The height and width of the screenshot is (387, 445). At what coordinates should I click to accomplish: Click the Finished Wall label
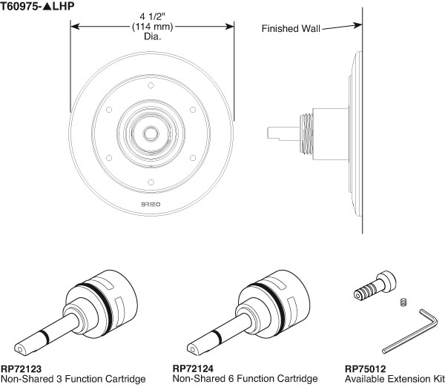click(291, 30)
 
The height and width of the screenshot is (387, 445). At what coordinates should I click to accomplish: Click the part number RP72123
click(21, 368)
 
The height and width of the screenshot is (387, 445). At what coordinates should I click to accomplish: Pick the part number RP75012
click(364, 368)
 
